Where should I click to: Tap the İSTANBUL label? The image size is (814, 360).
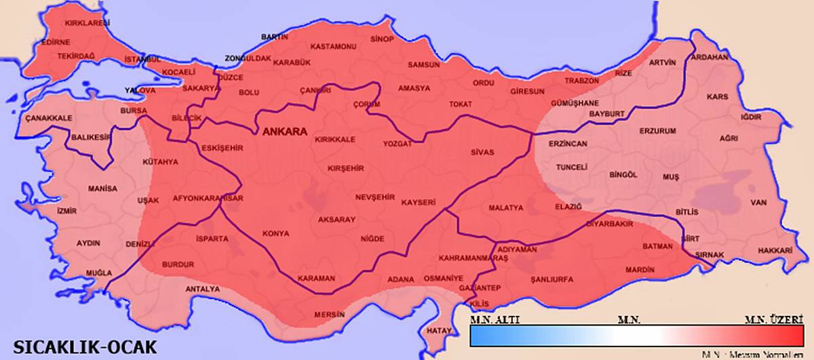[x=141, y=60]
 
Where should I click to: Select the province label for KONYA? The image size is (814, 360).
[x=276, y=233]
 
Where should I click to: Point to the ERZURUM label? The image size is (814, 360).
[x=658, y=130]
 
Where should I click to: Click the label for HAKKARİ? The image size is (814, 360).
[x=775, y=250]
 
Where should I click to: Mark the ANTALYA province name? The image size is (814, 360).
[x=203, y=289]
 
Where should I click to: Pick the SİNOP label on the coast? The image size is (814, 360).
[x=382, y=39]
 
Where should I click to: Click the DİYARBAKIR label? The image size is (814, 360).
[x=609, y=223]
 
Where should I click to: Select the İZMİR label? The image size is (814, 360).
[x=67, y=211]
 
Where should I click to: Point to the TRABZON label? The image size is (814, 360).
[x=580, y=81]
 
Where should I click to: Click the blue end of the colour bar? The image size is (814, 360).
[x=482, y=336]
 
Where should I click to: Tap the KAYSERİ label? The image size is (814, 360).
[x=419, y=203]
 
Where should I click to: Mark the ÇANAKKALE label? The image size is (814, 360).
[x=49, y=118]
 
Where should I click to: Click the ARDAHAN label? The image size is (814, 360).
[x=709, y=58]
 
